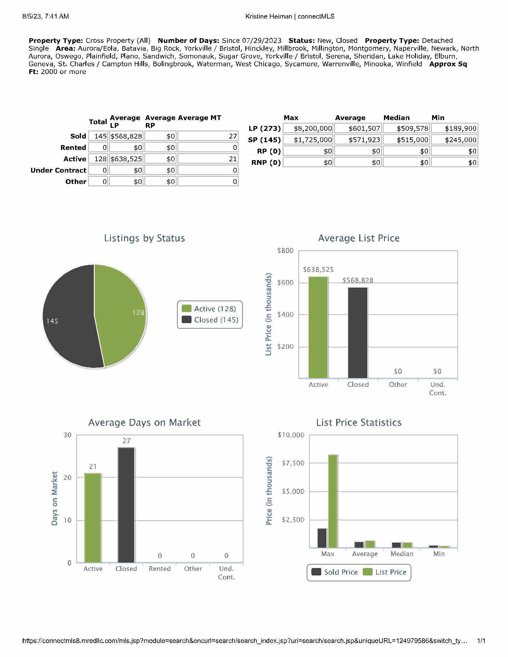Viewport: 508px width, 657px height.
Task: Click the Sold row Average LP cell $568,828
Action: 126,136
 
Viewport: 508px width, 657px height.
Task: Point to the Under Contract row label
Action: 58,170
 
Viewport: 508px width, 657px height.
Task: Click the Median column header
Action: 396,118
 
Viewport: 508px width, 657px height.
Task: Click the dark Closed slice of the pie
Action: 69,319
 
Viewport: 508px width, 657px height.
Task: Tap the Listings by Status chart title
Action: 144,238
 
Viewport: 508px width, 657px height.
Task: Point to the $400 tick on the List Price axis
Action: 285,315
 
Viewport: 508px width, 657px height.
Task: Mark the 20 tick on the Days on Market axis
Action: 68,478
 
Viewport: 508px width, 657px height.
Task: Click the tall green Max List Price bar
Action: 333,501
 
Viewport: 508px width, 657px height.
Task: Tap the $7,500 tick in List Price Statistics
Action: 293,463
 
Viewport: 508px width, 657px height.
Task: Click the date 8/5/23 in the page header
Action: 31,16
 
